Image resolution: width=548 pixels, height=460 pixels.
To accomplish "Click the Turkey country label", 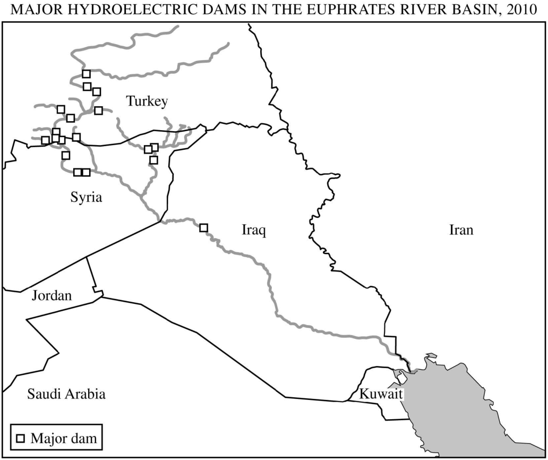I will (147, 101).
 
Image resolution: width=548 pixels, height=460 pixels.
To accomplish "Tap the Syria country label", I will (86, 198).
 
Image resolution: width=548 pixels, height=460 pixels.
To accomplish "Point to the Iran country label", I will (460, 231).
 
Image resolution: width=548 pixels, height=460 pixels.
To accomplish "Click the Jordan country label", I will (52, 296).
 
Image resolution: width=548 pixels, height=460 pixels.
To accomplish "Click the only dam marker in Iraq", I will (203, 228).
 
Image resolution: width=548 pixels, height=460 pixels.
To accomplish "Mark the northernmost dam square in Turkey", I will (86, 74).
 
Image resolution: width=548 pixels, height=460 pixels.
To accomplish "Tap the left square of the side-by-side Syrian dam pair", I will (78, 172).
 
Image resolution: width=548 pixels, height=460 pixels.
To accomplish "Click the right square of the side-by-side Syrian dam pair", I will (86, 172).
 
